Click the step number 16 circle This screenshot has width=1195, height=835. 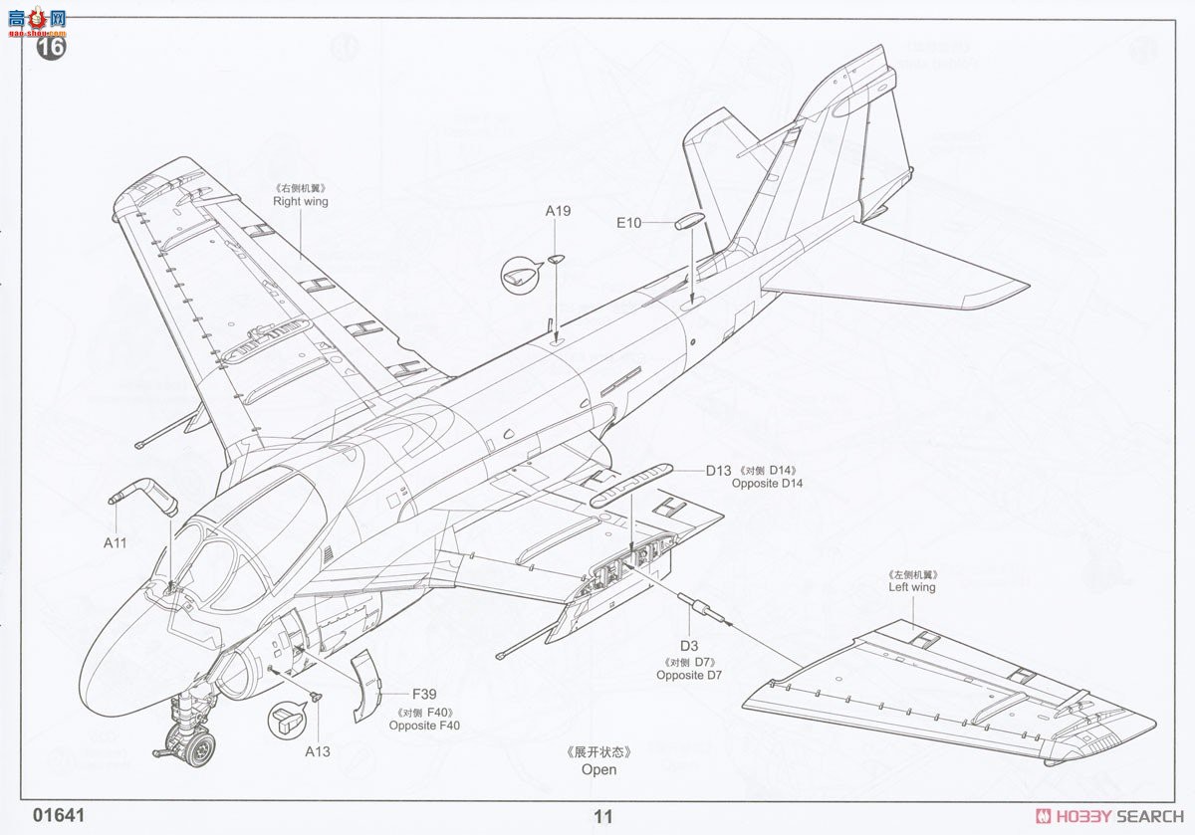(52, 46)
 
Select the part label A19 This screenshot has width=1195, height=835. (558, 211)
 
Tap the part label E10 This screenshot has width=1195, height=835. (628, 223)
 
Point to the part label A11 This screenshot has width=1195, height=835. (116, 543)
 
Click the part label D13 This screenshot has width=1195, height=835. (719, 470)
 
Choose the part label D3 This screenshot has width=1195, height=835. (688, 646)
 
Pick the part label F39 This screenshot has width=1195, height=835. (424, 695)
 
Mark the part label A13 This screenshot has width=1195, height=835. (318, 751)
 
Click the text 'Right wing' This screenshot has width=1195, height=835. (301, 201)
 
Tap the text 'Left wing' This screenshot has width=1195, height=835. (912, 587)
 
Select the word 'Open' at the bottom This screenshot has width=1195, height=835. (599, 769)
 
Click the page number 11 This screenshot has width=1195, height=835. (602, 817)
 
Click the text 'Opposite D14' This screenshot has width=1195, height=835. (767, 484)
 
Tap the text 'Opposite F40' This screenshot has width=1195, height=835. (424, 726)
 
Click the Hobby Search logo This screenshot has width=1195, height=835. (1104, 817)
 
